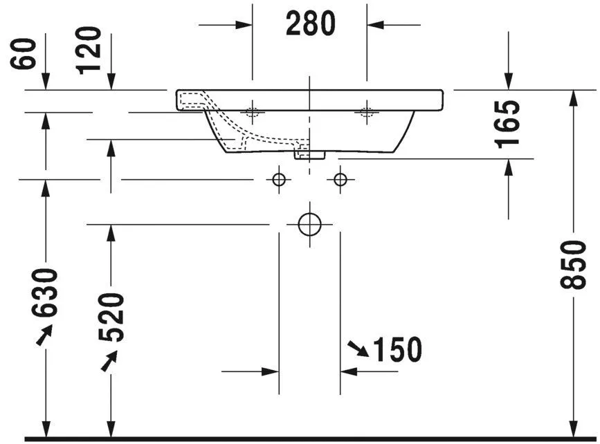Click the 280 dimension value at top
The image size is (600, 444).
pyautogui.click(x=310, y=24)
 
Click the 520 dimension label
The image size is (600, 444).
pyautogui.click(x=111, y=317)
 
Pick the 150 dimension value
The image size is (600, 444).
pyautogui.click(x=397, y=351)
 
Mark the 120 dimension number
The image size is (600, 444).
pyautogui.click(x=89, y=50)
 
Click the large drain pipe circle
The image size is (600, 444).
pyautogui.click(x=309, y=224)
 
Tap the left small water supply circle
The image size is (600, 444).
pyautogui.click(x=279, y=180)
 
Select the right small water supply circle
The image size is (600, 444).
pyautogui.click(x=340, y=180)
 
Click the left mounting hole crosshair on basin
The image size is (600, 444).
pyautogui.click(x=252, y=111)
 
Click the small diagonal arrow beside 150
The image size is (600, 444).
pyautogui.click(x=358, y=349)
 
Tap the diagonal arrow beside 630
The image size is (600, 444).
pyautogui.click(x=44, y=335)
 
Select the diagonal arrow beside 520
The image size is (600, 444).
pyautogui.click(x=109, y=360)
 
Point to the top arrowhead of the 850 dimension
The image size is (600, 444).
pyautogui.click(x=573, y=98)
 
